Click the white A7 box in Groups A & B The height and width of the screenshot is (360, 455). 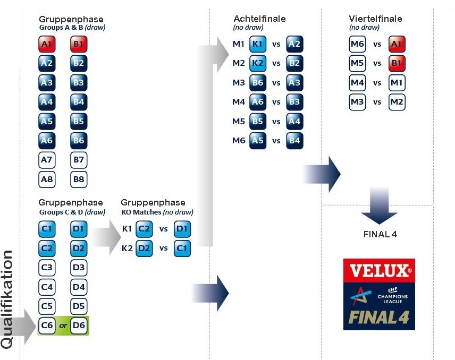[47, 160]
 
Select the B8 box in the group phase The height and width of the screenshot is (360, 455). [79, 179]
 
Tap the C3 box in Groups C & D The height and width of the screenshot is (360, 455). [47, 268]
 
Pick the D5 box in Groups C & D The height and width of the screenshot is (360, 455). [79, 306]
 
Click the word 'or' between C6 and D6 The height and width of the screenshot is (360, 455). [63, 326]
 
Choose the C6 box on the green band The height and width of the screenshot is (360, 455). [47, 325]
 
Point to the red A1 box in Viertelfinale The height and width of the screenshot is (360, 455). [397, 44]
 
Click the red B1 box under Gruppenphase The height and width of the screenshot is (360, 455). [79, 44]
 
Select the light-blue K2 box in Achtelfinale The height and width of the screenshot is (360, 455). [258, 63]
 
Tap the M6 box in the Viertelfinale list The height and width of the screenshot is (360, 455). [357, 44]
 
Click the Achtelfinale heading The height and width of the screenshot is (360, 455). [259, 19]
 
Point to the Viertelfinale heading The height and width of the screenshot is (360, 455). [375, 19]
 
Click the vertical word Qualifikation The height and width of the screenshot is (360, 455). [7, 299]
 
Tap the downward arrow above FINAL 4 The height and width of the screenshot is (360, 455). [380, 206]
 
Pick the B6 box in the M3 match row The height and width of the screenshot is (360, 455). [258, 83]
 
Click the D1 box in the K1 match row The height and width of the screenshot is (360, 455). [182, 229]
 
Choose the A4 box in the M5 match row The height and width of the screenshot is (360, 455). [294, 121]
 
